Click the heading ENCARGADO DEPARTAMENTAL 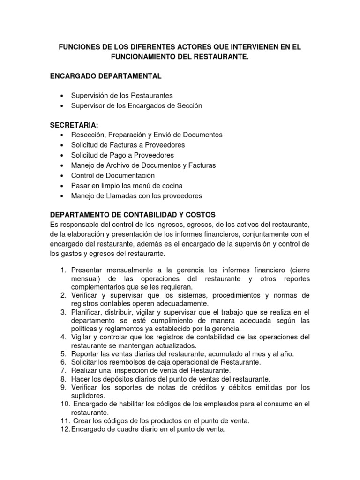[x=106, y=76]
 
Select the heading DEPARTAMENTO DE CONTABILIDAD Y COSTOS [x=133, y=215]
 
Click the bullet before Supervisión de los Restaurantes [x=62, y=96]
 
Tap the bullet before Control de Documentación [x=62, y=176]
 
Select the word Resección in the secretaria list [x=87, y=135]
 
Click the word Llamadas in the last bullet [x=112, y=196]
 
